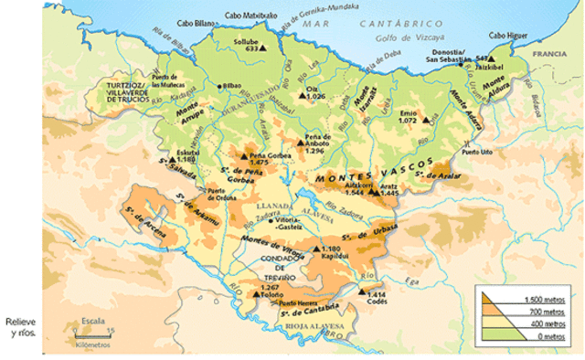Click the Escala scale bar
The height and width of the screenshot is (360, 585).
point(92,333)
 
